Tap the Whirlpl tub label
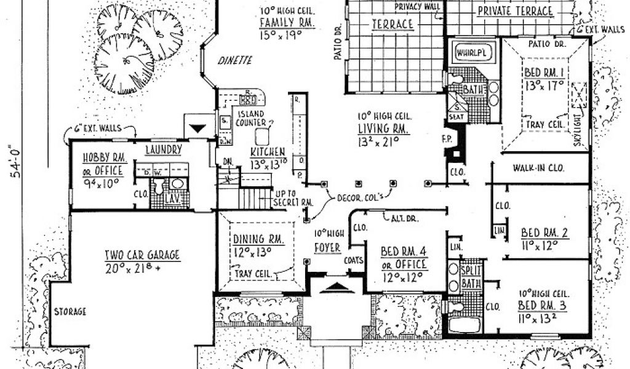point(471,53)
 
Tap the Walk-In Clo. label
point(538,168)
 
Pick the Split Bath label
point(472,276)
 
